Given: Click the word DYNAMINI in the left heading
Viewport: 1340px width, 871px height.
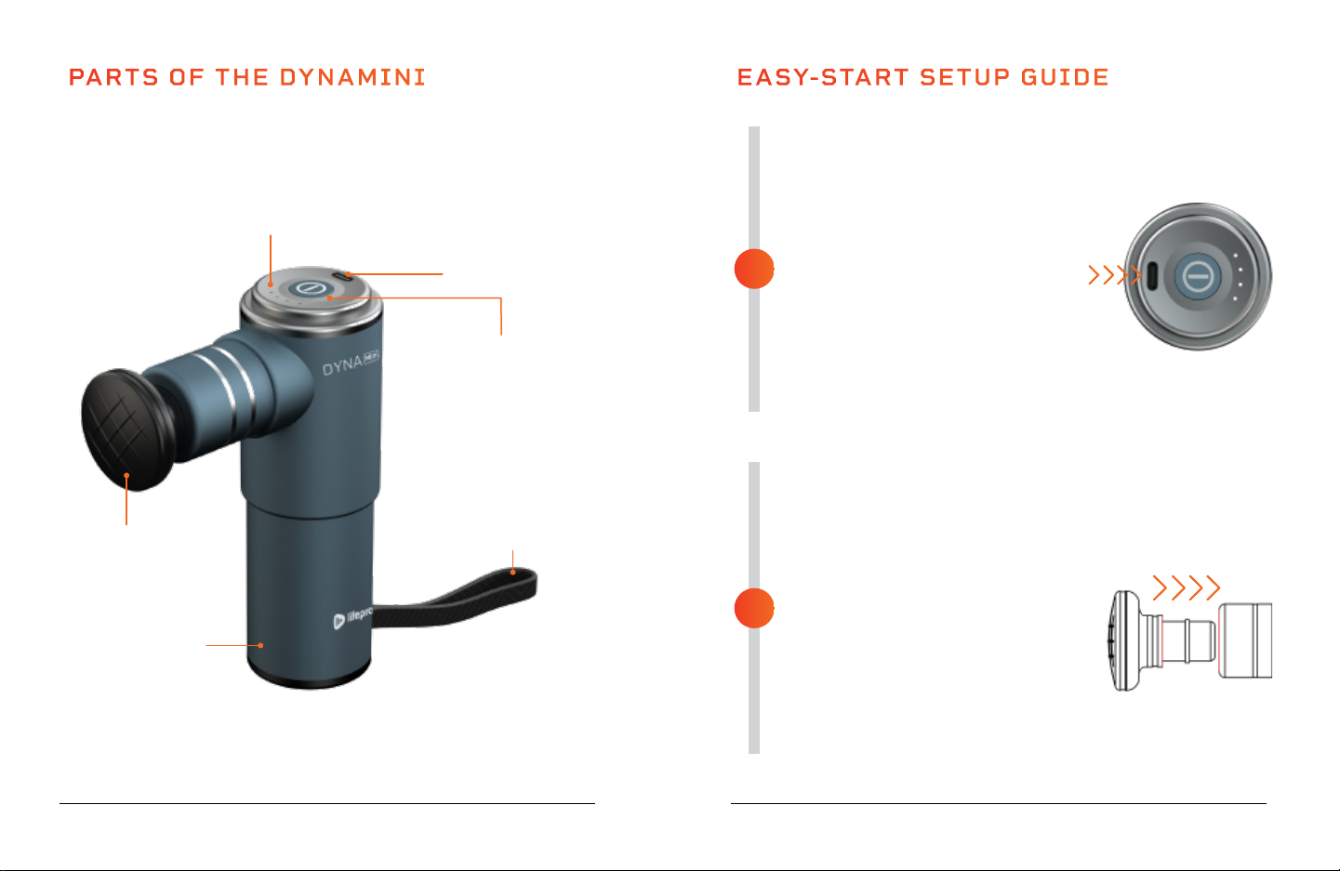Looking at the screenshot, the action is coord(352,77).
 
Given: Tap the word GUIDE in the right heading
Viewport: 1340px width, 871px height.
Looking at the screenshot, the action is coord(1065,77).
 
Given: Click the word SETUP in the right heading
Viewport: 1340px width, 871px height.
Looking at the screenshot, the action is coord(965,77).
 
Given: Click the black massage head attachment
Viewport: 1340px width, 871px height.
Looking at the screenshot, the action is coord(126,429).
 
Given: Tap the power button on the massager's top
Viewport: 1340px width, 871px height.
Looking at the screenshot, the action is coord(306,289).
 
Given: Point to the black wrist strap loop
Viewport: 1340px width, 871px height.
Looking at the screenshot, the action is coord(455,598).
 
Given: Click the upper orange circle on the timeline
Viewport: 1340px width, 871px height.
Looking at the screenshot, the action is coord(754,269).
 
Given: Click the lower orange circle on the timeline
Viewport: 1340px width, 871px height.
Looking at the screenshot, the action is coord(754,608).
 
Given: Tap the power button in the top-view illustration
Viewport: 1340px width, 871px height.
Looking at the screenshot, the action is coord(1198,276).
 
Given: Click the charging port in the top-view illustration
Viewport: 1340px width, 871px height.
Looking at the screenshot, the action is coord(1151,276).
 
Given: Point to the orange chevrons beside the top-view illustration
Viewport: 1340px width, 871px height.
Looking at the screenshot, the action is coord(1115,275).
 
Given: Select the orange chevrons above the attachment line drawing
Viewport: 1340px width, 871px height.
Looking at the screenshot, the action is coord(1187,587).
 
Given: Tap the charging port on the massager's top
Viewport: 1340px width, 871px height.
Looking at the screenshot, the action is coord(341,276).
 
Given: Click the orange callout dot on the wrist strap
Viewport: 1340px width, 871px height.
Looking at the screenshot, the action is coord(512,572).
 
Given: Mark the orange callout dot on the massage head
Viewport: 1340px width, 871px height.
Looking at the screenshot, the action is coord(126,475).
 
